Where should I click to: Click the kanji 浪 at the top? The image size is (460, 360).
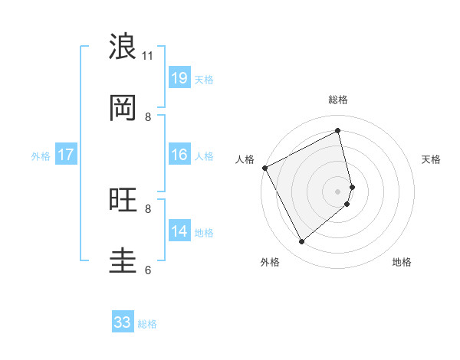click(x=123, y=47)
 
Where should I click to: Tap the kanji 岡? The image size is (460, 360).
click(x=123, y=109)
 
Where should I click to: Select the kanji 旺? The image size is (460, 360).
click(x=123, y=201)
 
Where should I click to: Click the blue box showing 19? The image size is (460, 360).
click(x=179, y=77)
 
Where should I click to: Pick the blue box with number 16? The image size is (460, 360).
click(x=179, y=155)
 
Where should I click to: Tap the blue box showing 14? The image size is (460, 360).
click(x=179, y=231)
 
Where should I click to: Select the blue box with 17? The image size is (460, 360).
click(x=66, y=155)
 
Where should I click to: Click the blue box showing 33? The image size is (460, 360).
click(x=123, y=322)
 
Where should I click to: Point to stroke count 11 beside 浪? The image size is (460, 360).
click(x=147, y=55)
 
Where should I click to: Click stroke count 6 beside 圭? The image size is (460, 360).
click(x=148, y=270)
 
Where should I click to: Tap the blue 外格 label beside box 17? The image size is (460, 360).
click(x=41, y=155)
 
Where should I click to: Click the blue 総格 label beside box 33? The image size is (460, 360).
click(x=147, y=324)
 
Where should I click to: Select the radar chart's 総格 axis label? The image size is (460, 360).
click(x=338, y=100)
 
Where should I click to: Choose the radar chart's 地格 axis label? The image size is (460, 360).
click(x=402, y=262)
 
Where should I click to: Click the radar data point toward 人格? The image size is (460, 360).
click(x=264, y=168)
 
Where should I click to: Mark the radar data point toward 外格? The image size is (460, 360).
click(x=301, y=241)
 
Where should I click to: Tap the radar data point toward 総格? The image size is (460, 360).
click(x=338, y=131)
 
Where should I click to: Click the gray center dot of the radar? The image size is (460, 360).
click(x=338, y=191)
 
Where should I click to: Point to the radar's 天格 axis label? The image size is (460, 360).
click(x=431, y=159)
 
